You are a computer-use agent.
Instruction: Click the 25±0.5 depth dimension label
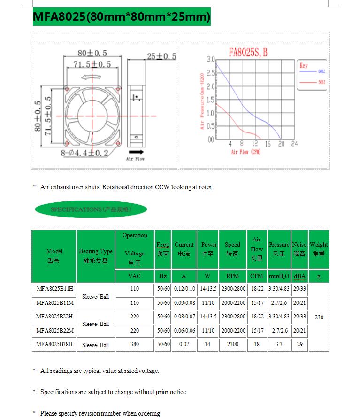(161, 56)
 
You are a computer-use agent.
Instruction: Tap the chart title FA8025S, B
(248, 52)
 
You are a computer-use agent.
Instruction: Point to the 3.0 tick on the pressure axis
(210, 60)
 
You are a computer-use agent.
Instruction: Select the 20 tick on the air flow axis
(281, 144)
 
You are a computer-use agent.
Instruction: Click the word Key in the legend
(304, 66)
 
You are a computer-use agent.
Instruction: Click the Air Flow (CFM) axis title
(245, 152)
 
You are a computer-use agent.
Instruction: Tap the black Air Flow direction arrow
(136, 152)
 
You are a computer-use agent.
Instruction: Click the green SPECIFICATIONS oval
(91, 209)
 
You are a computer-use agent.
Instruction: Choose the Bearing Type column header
(96, 255)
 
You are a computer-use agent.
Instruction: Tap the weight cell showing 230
(319, 317)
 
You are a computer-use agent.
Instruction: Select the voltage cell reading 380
(135, 344)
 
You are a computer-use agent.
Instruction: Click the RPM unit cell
(232, 276)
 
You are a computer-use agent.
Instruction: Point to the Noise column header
(299, 249)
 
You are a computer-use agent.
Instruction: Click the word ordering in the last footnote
(149, 413)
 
